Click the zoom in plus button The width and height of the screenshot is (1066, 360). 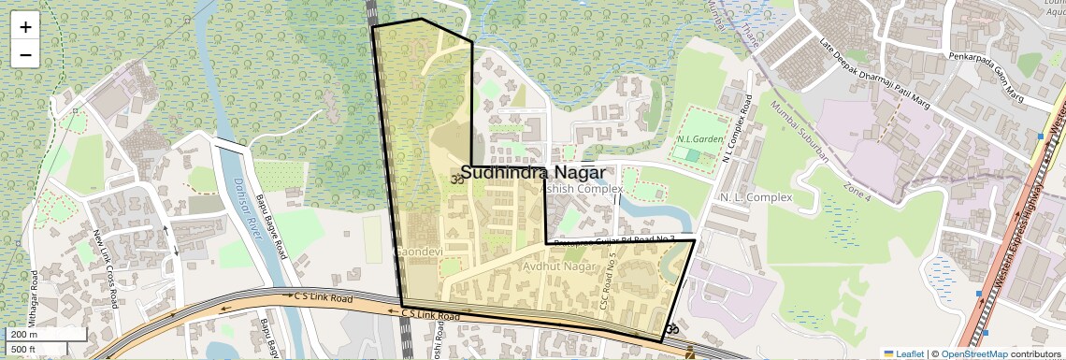[x=25, y=27]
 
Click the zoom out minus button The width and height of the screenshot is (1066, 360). [x=25, y=54]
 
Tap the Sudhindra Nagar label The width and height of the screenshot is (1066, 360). [x=532, y=173]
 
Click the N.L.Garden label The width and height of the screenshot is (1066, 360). [x=701, y=139]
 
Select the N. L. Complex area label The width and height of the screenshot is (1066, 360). [x=756, y=197]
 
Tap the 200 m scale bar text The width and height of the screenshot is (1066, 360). [x=23, y=334]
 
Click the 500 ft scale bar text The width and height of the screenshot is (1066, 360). [x=23, y=350]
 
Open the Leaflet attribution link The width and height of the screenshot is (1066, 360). [x=903, y=353]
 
